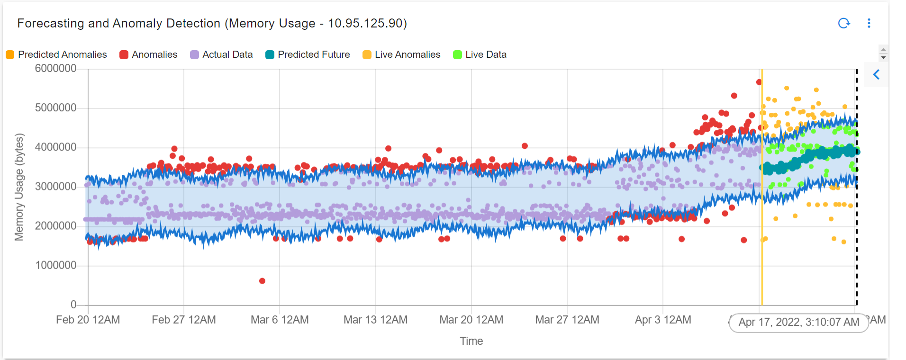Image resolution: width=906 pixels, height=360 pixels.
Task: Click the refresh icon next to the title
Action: [x=844, y=23]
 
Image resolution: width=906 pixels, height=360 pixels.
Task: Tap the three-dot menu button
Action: [x=869, y=23]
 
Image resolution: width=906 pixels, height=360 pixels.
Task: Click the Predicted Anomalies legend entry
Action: [x=56, y=54]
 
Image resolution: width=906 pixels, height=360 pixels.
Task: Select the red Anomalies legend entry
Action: [x=148, y=54]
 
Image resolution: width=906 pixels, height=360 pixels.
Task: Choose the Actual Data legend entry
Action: [x=221, y=54]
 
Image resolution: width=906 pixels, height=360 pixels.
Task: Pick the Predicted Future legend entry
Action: [x=308, y=54]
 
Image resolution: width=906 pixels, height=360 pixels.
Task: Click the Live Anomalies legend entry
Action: [x=401, y=54]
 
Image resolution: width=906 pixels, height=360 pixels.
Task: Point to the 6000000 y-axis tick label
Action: [x=55, y=69]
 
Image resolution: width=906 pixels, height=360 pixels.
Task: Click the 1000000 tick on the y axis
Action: [x=55, y=265]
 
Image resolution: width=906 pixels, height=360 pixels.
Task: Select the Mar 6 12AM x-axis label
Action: [x=280, y=320]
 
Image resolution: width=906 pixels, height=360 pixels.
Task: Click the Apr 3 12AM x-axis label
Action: [x=662, y=320]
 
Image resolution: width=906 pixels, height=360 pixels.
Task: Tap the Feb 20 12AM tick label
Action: [x=88, y=320]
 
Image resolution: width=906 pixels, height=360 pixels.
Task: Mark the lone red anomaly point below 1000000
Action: [x=262, y=281]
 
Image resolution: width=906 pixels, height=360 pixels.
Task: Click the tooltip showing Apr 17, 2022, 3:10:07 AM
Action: [x=798, y=323]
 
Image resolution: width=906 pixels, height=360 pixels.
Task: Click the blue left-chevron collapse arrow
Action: [x=876, y=74]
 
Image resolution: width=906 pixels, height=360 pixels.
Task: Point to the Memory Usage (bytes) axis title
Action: [x=19, y=187]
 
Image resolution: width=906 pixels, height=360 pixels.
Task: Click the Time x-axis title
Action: [x=471, y=341]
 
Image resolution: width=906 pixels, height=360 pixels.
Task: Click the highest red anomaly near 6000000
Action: [x=759, y=82]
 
